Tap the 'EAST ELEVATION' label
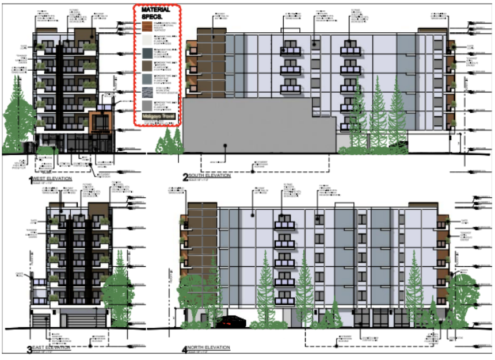click(x=54, y=348)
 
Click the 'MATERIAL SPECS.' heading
click(x=157, y=13)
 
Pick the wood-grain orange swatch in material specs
click(x=147, y=26)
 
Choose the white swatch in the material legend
click(x=147, y=40)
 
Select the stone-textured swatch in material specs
click(x=147, y=93)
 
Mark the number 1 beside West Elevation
click(x=31, y=180)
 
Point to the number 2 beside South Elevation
click(x=185, y=176)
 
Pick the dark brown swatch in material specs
click(x=147, y=66)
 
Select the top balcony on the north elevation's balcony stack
click(x=284, y=223)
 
